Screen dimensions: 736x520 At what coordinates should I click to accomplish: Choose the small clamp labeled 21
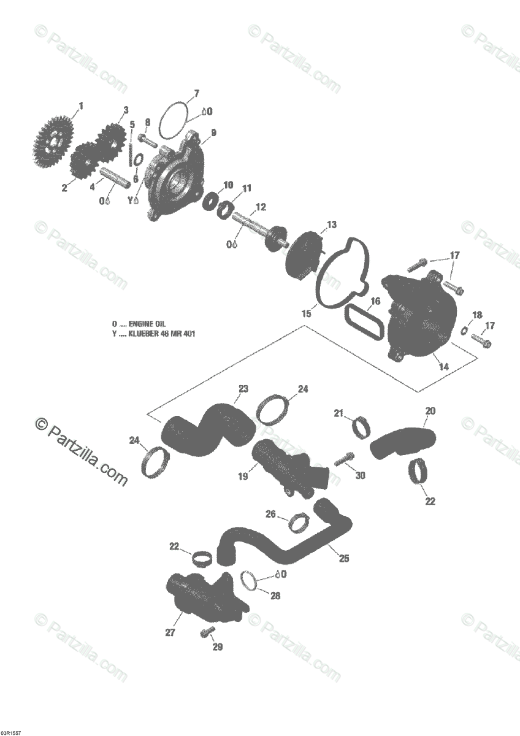pyautogui.click(x=361, y=427)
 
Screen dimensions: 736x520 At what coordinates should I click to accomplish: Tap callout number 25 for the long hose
pyautogui.click(x=344, y=558)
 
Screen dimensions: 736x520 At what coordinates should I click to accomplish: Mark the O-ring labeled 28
pyautogui.click(x=249, y=580)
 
